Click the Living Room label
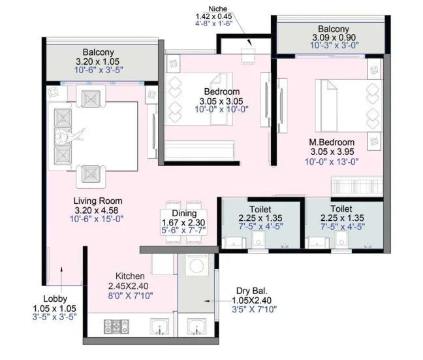(99, 201)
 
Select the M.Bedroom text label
(332, 142)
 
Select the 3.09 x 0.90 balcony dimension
(334, 39)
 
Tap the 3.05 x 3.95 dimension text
(332, 152)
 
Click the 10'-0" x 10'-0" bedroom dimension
(220, 110)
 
